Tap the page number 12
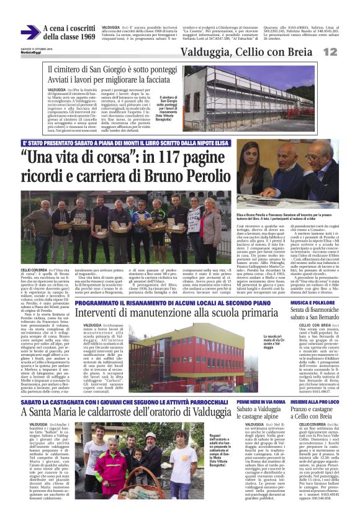pos(330,52)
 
